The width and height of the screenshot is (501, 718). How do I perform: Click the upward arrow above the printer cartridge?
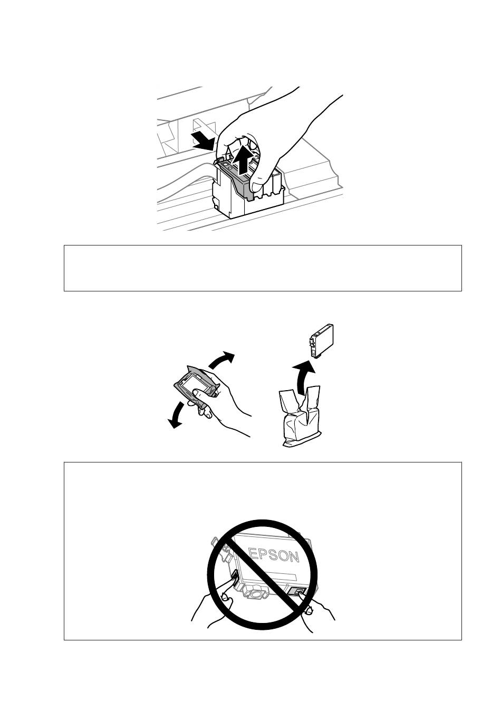click(243, 159)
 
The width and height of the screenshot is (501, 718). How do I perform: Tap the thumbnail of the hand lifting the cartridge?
click(258, 187)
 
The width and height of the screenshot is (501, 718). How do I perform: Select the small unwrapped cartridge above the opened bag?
click(321, 341)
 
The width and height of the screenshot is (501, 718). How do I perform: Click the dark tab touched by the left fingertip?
click(233, 577)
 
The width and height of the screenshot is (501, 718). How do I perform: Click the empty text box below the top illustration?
click(263, 268)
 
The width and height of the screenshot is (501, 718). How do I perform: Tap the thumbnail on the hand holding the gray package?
click(196, 393)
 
